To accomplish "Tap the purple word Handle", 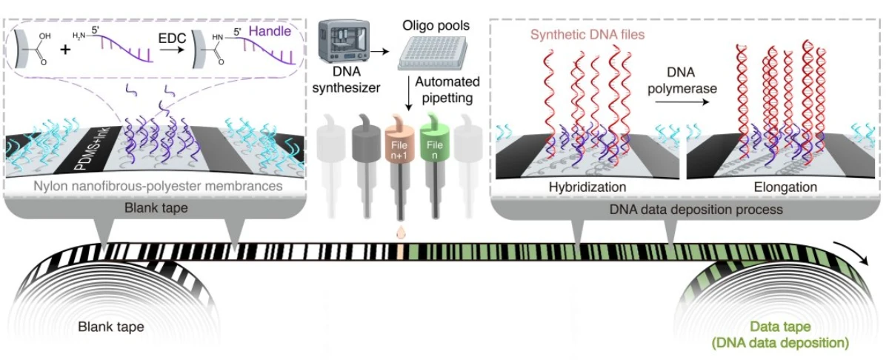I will (x=271, y=31).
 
